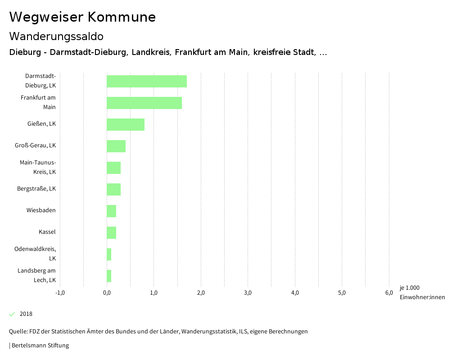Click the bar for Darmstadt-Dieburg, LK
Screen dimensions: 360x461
147,81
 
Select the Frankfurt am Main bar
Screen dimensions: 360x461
144,103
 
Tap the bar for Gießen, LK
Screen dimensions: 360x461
126,124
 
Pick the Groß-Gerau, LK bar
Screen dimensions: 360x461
116,146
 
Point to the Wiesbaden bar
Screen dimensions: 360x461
112,211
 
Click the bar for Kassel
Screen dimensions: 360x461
112,232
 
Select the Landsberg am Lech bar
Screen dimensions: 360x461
109,276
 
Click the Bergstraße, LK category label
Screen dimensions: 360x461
36,189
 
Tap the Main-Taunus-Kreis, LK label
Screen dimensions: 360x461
38,167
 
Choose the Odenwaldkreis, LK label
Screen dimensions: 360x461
35,254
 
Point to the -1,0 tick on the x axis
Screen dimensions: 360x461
60,293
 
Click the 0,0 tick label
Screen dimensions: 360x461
107,293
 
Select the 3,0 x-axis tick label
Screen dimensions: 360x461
248,293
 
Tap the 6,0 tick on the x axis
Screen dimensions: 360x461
389,293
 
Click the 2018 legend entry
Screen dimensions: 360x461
26,314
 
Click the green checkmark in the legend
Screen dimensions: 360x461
12,314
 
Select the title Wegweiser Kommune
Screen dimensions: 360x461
82,17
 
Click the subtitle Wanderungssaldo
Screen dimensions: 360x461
56,36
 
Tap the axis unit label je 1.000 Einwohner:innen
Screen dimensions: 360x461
422,292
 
